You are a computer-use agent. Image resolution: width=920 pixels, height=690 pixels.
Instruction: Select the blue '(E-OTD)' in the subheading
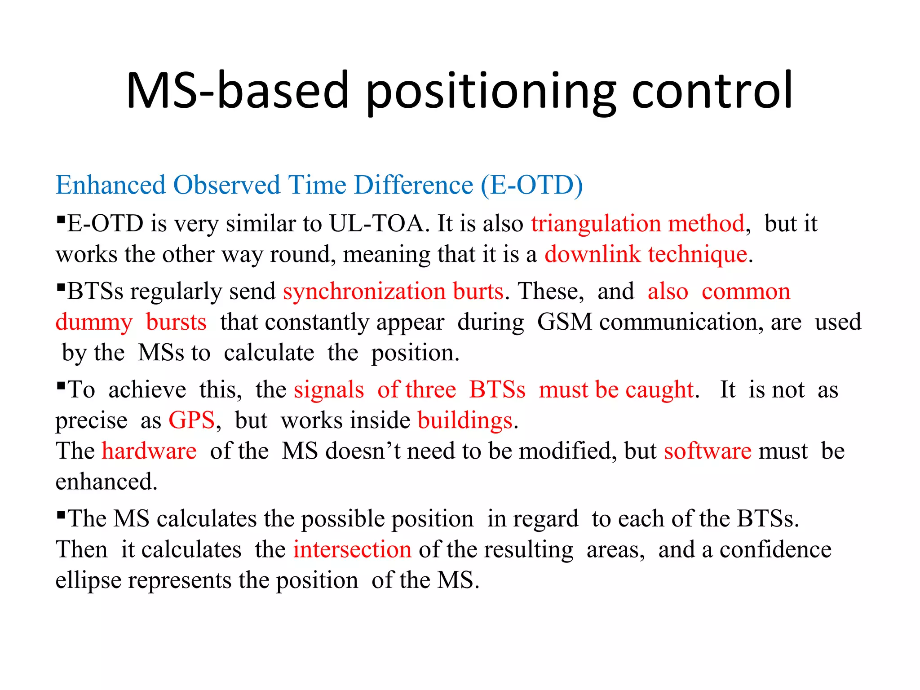coord(531,185)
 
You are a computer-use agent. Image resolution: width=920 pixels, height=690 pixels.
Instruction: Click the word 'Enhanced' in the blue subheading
coord(111,185)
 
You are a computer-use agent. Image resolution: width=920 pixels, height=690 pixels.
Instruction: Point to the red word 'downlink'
coord(592,254)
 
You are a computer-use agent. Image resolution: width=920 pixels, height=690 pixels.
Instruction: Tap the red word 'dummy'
coord(94,323)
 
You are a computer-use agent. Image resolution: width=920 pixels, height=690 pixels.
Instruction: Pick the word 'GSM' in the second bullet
coord(564,322)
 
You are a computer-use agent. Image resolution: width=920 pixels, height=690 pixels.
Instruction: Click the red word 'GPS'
coord(191,420)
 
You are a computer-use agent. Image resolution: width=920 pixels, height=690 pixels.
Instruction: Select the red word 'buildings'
coord(465,420)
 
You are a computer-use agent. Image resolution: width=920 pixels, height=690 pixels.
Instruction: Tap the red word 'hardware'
coord(149,451)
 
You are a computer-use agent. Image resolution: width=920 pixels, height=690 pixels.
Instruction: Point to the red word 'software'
coord(708,451)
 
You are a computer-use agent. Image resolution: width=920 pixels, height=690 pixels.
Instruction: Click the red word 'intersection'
coord(352,550)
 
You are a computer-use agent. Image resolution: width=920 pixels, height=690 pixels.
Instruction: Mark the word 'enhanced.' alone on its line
coord(106,482)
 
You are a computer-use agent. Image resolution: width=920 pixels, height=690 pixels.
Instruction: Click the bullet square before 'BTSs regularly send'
coord(61,286)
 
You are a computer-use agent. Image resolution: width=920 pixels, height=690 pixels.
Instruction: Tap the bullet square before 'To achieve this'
coord(61,385)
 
